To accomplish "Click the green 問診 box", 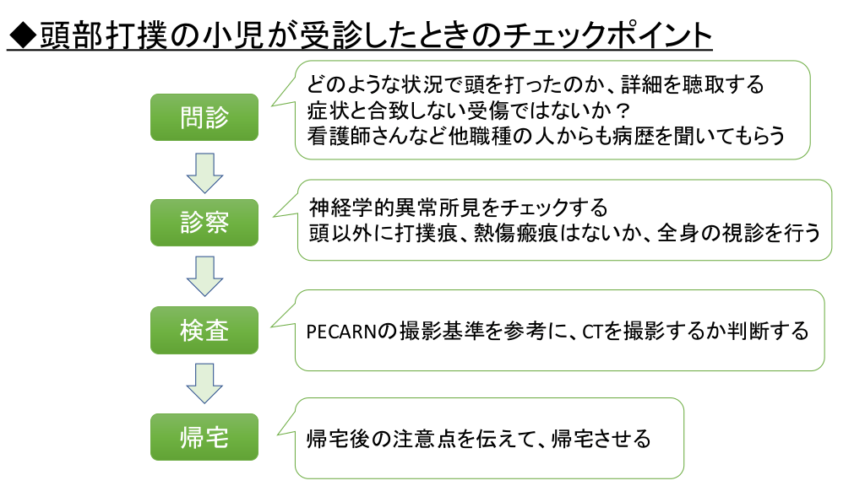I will (204, 116).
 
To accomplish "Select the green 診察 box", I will (204, 223).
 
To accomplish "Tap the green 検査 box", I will (204, 330).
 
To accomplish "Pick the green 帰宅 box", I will (204, 436).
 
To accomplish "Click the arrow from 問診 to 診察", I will (204, 171).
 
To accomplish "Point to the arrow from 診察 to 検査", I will (204, 277).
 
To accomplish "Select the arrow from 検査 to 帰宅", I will (204, 383).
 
